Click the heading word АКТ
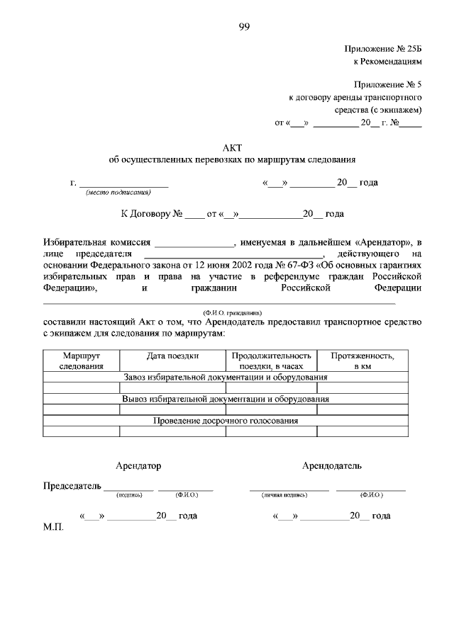point(233,148)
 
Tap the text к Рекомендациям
point(388,62)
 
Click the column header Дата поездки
point(172,356)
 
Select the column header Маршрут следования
point(81,361)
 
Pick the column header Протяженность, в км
point(363,361)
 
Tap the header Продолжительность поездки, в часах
point(271,361)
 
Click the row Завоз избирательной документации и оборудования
point(226,378)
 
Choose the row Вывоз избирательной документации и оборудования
point(226,399)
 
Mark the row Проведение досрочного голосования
point(226,420)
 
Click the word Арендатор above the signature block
point(138,466)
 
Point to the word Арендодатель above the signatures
point(332,466)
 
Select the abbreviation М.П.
point(54,528)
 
